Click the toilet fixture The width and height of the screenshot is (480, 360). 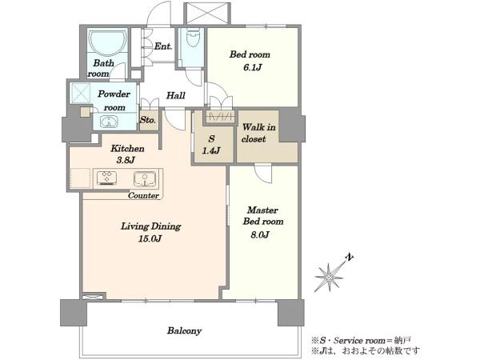(x=193, y=38)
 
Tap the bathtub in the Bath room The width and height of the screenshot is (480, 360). (x=107, y=42)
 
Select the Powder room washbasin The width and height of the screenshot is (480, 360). (x=109, y=122)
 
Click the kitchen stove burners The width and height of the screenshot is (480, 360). (x=106, y=178)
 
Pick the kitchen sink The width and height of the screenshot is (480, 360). (x=145, y=179)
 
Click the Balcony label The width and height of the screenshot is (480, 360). (x=184, y=331)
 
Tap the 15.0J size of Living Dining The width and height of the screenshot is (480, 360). (x=150, y=238)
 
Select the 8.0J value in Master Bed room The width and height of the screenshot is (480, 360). (x=260, y=234)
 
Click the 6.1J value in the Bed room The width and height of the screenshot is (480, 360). (x=253, y=67)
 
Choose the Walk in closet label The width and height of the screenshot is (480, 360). (x=258, y=133)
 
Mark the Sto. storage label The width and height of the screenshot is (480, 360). (x=148, y=120)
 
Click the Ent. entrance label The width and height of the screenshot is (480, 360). (x=163, y=46)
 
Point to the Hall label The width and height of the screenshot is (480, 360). (x=176, y=95)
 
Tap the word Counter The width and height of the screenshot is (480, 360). (x=143, y=196)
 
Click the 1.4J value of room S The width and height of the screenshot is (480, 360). (x=211, y=150)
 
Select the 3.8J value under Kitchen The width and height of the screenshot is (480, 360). (x=126, y=160)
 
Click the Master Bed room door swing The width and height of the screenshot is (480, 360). (x=263, y=174)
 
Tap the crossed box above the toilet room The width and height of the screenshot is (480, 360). (x=206, y=13)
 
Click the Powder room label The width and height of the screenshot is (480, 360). (x=114, y=101)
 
